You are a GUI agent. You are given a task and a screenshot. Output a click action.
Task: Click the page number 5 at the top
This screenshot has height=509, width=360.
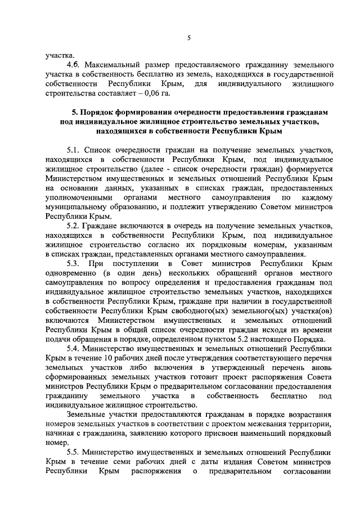tap(189, 38)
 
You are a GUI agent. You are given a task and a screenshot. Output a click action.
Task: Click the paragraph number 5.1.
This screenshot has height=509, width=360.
tap(73, 150)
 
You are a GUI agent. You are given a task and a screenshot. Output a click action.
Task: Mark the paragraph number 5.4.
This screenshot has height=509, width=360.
tap(73, 348)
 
